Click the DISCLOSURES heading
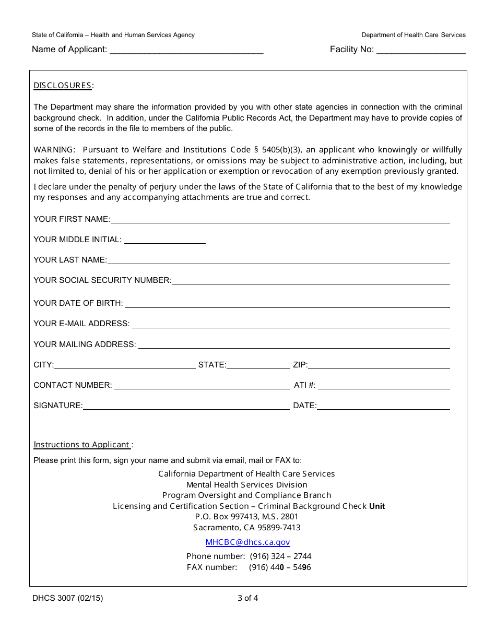[63, 86]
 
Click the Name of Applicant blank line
[186, 51]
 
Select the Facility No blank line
[421, 51]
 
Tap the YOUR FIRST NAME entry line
[280, 220]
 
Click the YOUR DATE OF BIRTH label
[78, 303]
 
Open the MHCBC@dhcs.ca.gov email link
[247, 542]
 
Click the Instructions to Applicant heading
[82, 445]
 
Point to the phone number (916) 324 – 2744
[280, 556]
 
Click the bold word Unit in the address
[377, 506]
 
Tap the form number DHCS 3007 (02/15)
[67, 599]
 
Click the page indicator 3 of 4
[247, 599]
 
